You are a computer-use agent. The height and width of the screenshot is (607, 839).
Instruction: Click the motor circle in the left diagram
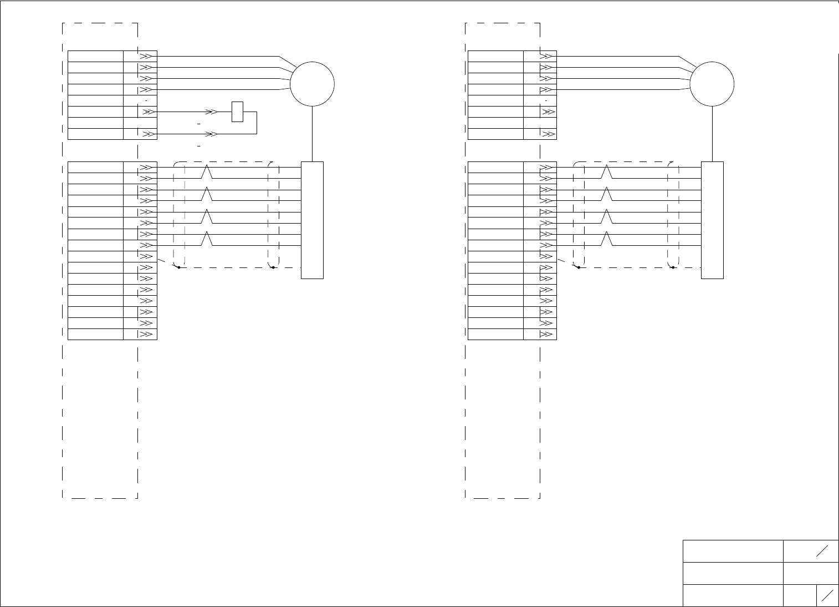313,84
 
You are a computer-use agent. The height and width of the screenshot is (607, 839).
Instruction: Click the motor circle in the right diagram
712,84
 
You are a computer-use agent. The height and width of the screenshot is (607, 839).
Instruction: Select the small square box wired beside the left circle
237,112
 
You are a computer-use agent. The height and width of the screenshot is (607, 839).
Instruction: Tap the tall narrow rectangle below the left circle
312,220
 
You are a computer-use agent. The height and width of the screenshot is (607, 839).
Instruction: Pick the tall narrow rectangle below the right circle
712,220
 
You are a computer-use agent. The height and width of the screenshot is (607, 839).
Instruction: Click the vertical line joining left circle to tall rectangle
313,134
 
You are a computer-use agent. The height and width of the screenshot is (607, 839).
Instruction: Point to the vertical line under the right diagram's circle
712,134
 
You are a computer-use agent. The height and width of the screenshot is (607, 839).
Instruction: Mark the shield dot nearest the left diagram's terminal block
179,267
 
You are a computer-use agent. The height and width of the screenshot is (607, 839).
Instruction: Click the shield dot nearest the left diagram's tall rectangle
273,267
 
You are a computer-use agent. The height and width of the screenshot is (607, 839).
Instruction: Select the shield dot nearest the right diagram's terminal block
579,267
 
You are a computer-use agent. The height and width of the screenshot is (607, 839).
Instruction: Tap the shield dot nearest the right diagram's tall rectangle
673,267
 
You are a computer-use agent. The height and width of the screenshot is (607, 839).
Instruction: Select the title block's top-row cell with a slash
811,550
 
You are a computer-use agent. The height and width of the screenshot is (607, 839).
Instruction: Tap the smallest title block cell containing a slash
827,595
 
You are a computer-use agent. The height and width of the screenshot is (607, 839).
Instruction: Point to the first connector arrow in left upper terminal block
145,56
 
